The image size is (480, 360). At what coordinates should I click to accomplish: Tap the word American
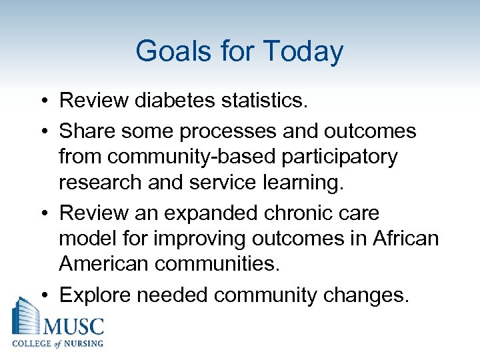coord(103,264)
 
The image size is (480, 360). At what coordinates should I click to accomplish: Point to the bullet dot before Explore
coord(43,295)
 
